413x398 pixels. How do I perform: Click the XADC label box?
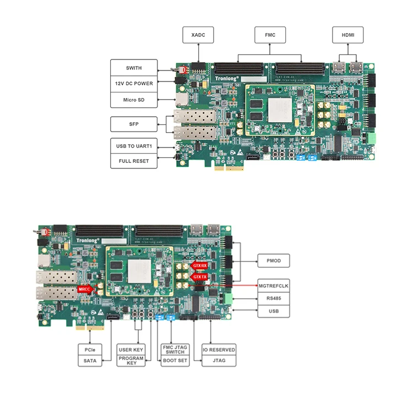point(198,35)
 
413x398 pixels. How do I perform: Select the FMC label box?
point(269,35)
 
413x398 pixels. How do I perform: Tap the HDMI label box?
point(347,35)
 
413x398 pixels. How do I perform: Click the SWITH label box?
point(133,68)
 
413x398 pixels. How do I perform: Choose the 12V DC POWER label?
point(133,84)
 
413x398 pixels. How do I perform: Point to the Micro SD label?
point(133,100)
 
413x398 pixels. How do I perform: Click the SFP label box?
point(133,124)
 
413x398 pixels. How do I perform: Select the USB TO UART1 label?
point(133,146)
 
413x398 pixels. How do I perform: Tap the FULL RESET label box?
point(133,162)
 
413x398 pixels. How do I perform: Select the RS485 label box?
point(274,299)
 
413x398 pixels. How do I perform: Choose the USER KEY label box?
point(131,350)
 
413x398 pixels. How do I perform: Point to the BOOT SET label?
point(175,361)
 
